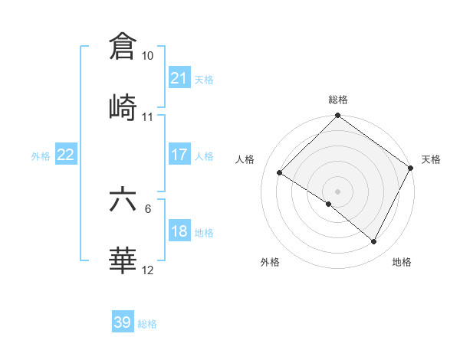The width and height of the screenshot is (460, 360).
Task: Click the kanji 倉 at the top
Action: coord(123,47)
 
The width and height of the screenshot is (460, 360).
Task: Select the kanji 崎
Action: coord(123,106)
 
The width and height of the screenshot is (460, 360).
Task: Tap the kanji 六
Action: coord(123,199)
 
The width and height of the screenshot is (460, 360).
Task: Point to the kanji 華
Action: coord(123,260)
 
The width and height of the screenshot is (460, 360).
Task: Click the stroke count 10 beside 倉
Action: coord(148,57)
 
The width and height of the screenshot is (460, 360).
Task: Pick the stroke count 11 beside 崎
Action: coord(148,117)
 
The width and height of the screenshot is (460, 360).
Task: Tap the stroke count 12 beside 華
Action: coord(148,270)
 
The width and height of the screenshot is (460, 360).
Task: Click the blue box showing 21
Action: coord(179,78)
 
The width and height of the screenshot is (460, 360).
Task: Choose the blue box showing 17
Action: coord(179,155)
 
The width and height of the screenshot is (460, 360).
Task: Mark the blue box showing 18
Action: coord(179,231)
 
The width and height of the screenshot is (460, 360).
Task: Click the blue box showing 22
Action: coord(65,155)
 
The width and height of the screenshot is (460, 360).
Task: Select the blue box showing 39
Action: coord(123,322)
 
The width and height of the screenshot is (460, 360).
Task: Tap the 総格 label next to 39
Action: coord(147,324)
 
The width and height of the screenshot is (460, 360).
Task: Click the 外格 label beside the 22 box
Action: coord(41,155)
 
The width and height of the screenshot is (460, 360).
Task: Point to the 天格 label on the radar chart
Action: coord(431,159)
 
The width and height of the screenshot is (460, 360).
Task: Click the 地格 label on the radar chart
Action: coord(402,263)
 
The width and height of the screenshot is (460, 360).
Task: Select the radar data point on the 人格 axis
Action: coord(280,173)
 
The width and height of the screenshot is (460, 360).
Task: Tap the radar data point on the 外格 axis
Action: coord(329,204)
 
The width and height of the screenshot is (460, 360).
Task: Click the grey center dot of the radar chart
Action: coord(337,191)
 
